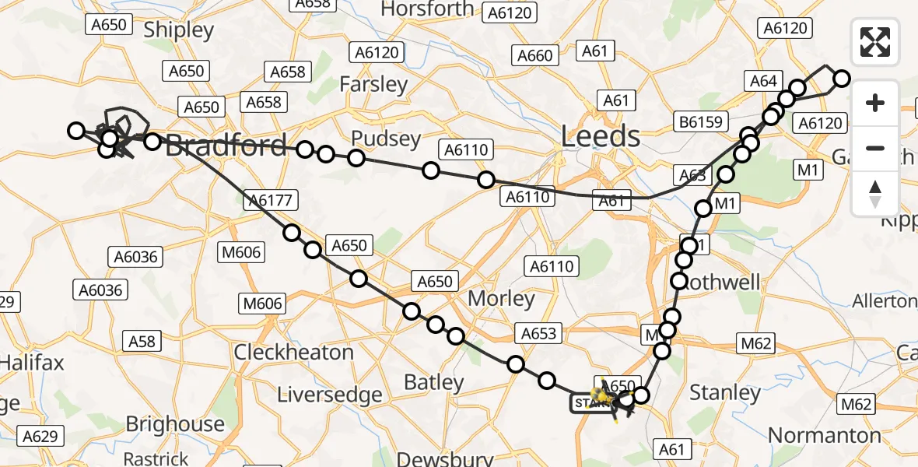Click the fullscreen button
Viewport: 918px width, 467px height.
coord(875,42)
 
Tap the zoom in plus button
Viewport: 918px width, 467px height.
coord(875,103)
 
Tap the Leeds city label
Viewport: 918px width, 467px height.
coord(601,137)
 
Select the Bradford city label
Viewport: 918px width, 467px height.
coord(226,146)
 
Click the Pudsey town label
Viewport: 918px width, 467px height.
coord(386,139)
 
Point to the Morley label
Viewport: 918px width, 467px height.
coord(501,298)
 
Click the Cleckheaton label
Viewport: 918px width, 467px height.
coord(294,352)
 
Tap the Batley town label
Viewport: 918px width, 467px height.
coord(434,382)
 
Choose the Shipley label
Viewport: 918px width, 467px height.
coord(179,30)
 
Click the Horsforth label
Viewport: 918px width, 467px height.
coord(427,9)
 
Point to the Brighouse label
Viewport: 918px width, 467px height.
coord(175,424)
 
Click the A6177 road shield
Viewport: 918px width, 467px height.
coord(268,201)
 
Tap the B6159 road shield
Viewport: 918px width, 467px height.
coord(700,121)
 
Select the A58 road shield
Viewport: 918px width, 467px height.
coord(142,340)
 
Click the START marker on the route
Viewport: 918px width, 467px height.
coord(589,403)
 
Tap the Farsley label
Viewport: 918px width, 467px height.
coord(373,84)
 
